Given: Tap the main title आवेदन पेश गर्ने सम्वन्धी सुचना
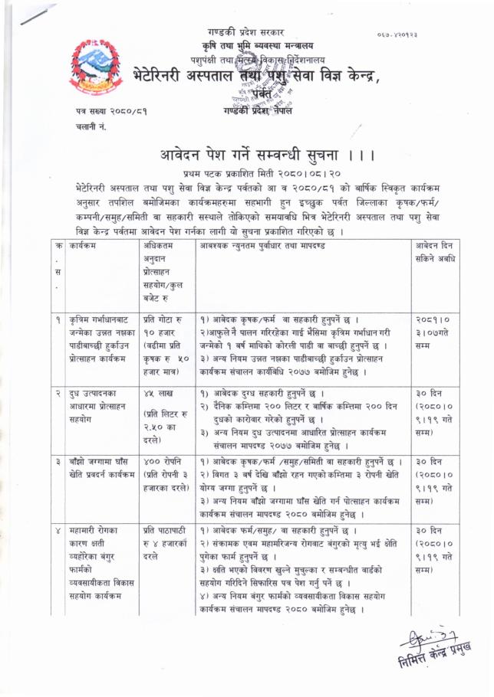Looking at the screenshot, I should point(256,154).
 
